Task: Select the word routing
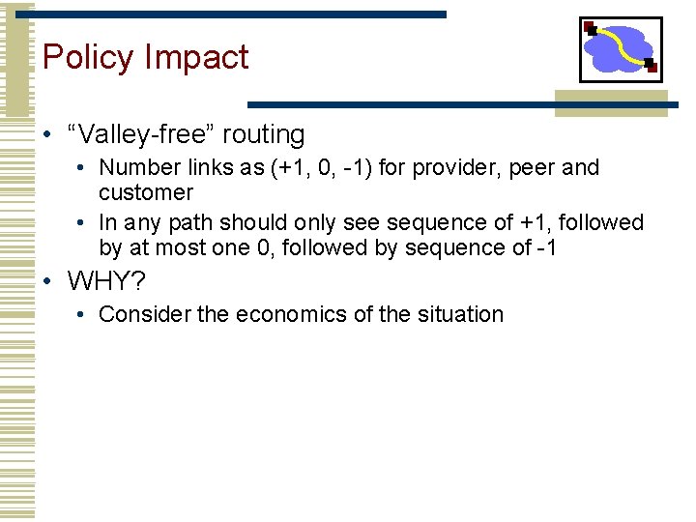(x=264, y=135)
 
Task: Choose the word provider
(x=450, y=168)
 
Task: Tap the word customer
(x=146, y=192)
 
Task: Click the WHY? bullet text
(x=105, y=282)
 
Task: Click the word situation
(x=462, y=314)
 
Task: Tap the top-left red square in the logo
(x=589, y=27)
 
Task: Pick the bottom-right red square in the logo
(x=652, y=67)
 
